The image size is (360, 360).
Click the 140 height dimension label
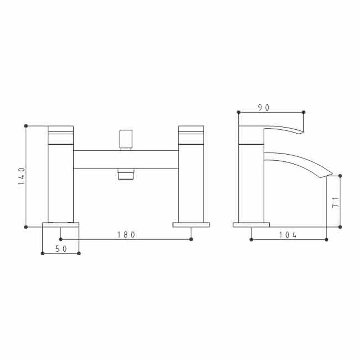point(22,176)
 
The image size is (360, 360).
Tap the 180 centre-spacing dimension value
point(126,235)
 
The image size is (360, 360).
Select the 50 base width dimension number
point(61,249)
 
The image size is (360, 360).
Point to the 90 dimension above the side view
point(264,108)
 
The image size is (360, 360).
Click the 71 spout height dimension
point(336,202)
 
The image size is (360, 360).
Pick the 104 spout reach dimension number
point(288,235)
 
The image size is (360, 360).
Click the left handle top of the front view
point(61,135)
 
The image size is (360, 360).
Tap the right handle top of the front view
point(191,135)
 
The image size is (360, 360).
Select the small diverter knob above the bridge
point(126,140)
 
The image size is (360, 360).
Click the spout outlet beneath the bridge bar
point(126,174)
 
